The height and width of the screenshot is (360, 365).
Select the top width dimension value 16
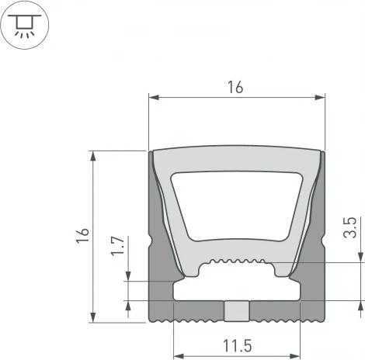tap(236, 88)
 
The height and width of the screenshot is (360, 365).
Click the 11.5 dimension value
tap(236, 344)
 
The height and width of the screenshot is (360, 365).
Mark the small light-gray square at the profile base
tap(236, 310)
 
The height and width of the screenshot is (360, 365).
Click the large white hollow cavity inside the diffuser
tap(236, 206)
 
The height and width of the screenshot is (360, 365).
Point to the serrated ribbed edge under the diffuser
tap(236, 262)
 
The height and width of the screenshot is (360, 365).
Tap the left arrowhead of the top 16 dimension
tap(154, 98)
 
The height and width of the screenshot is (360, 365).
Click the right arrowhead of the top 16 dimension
tap(319, 98)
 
